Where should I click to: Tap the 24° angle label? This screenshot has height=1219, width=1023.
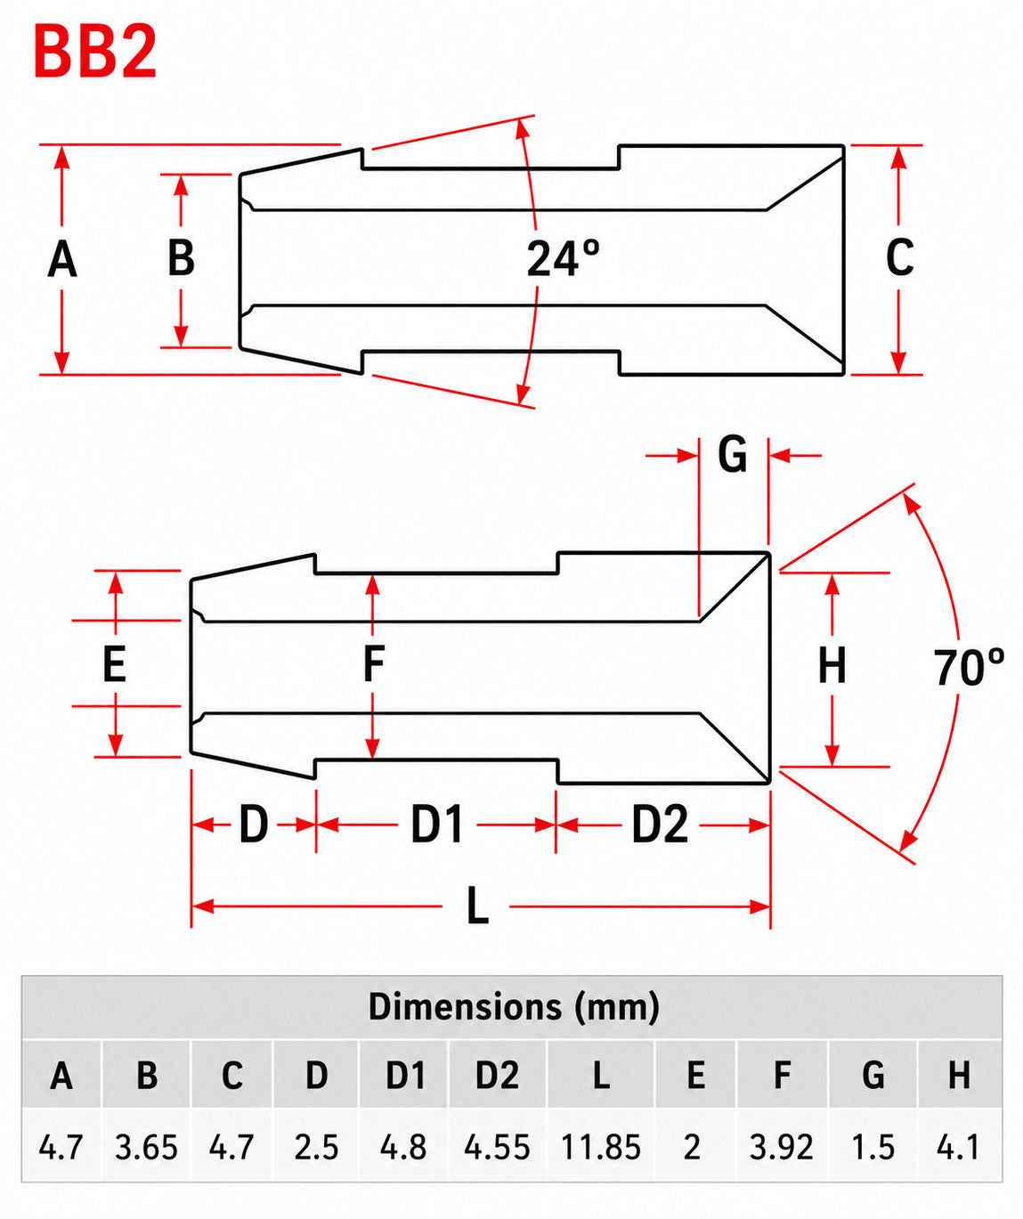tap(563, 258)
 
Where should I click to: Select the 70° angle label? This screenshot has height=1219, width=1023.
tap(970, 668)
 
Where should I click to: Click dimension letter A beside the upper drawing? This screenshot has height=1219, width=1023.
tap(62, 260)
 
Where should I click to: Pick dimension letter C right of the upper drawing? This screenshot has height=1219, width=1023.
tap(899, 257)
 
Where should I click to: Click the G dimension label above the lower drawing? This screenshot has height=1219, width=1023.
tap(732, 454)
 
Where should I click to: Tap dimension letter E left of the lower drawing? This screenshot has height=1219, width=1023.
tap(115, 663)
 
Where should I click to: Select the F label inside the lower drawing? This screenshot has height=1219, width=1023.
tap(374, 663)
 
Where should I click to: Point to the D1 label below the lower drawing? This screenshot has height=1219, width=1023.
tap(437, 825)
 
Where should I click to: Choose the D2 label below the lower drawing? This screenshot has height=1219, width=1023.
tap(660, 825)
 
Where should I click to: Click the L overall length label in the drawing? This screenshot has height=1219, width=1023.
tap(478, 906)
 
